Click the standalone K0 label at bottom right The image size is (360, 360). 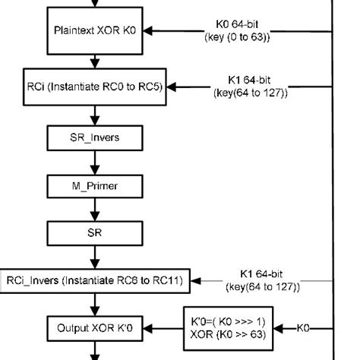tap(302, 328)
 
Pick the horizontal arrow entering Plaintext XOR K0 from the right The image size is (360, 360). tap(175, 31)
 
